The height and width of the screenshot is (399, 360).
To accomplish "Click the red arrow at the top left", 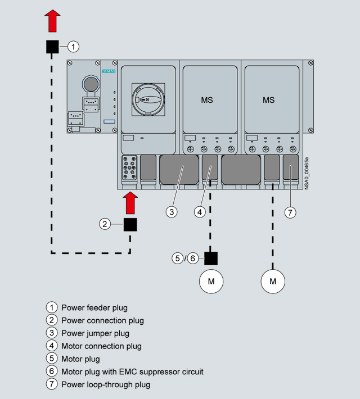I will tap(52, 21).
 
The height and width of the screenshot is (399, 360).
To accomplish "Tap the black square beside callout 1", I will tap(52, 47).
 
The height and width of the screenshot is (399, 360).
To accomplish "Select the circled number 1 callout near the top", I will tap(74, 47).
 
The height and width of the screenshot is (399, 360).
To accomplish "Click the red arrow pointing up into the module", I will tap(130, 203).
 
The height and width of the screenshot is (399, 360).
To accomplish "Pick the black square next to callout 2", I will tap(130, 224).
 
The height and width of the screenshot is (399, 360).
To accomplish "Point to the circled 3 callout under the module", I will tap(172, 212).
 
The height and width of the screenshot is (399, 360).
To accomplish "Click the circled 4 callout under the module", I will tap(200, 212).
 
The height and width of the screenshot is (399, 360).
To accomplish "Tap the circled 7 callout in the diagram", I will tap(290, 212).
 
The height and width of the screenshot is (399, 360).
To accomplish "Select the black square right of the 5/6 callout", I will tap(211, 258).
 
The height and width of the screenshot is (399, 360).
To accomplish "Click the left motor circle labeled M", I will tap(211, 281).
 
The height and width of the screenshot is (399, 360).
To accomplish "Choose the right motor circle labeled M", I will tap(273, 281).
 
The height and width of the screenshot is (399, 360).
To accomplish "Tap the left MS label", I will tap(207, 100).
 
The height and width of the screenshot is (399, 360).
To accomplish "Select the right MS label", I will tap(269, 100).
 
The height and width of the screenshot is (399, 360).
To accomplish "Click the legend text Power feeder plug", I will tap(94, 307).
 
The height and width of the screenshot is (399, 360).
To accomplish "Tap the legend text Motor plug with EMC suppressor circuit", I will tap(132, 371).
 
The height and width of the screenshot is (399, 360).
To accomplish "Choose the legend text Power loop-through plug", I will tap(106, 384).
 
